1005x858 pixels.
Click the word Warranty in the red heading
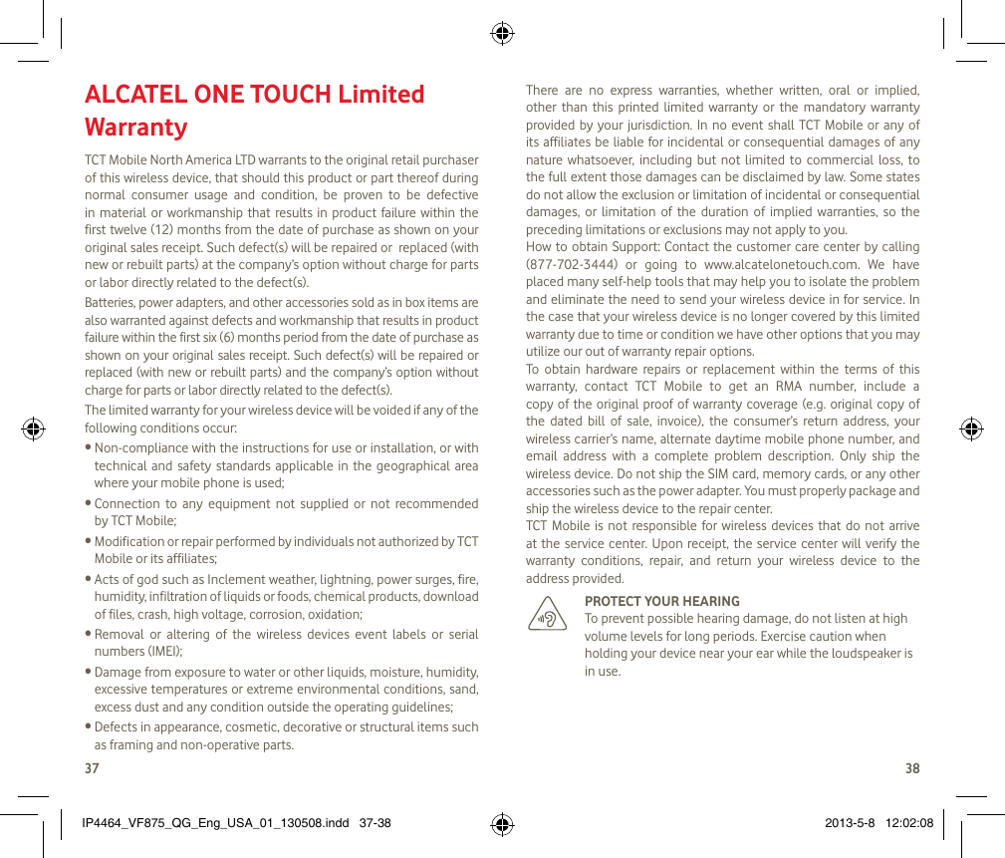(x=135, y=128)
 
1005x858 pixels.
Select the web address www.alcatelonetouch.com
(x=767, y=264)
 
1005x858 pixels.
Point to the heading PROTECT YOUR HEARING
(x=661, y=601)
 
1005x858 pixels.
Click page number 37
(x=92, y=768)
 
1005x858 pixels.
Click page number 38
(x=912, y=768)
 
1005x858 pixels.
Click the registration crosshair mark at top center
(x=502, y=34)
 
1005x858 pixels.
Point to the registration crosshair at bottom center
(x=502, y=824)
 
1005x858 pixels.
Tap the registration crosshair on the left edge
(x=34, y=429)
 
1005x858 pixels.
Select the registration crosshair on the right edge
(x=970, y=429)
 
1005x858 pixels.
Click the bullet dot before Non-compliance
(x=89, y=448)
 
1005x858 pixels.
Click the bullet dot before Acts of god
(x=89, y=579)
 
